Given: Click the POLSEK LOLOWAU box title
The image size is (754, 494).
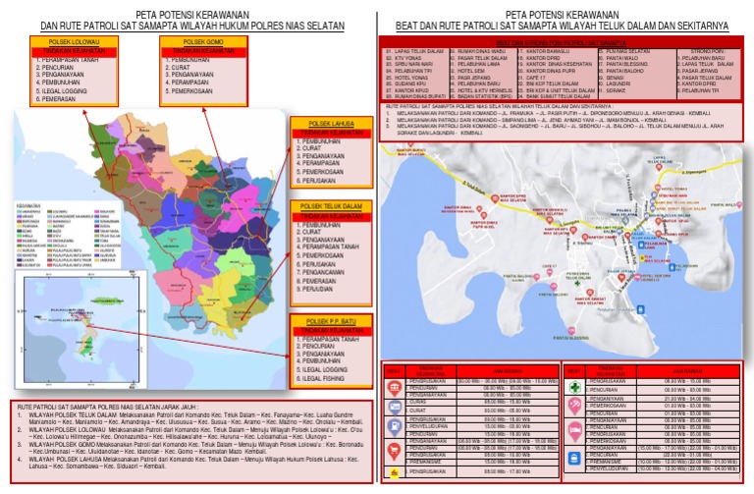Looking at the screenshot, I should [x=67, y=42].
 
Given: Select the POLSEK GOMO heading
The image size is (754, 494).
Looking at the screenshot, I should [x=201, y=42].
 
